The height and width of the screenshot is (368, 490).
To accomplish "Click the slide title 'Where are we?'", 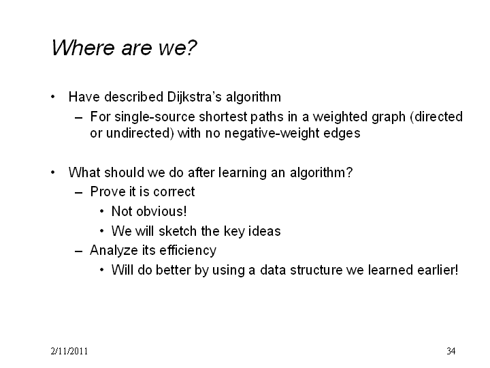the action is point(124,48).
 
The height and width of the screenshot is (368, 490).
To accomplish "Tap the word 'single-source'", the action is point(154,117).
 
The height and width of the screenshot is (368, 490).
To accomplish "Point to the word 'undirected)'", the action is point(140,133).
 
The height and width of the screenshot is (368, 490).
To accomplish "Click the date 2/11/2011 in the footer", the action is point(69,351).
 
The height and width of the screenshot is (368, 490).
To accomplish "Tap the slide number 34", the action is point(451,351).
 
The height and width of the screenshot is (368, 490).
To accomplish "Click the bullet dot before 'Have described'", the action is point(53,97).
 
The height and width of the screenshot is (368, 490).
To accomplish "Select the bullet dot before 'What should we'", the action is point(53,172).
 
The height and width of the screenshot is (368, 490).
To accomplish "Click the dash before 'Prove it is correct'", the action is point(79,192).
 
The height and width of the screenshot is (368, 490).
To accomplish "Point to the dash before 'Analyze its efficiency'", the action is point(79,251).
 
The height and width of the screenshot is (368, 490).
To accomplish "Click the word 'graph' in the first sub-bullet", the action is point(389,117).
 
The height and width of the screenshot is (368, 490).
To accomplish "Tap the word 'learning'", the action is point(242,172).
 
